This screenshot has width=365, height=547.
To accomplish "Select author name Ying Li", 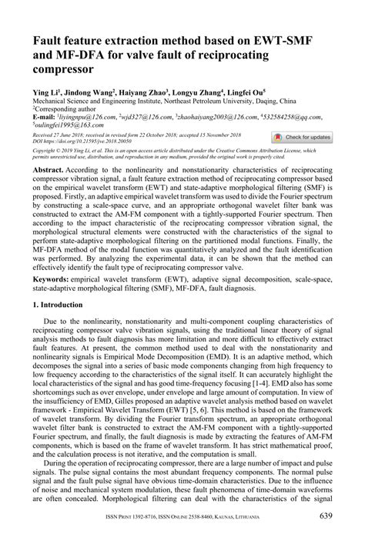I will [45, 89].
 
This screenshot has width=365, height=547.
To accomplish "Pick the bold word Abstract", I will [49, 167].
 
